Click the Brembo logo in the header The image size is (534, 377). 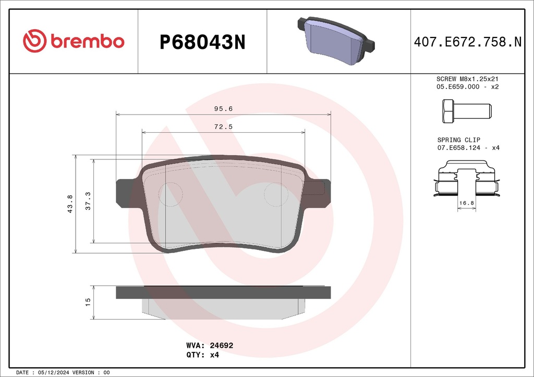coord(74,41)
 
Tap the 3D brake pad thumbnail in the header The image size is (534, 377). coord(336,40)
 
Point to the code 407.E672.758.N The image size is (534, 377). coord(468,42)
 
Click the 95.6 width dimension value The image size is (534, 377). coord(223,109)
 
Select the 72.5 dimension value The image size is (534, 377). coord(223,127)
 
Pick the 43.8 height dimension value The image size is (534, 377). coord(70,204)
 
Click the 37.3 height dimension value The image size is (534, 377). coord(88,201)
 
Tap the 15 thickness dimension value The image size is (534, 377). coord(88,302)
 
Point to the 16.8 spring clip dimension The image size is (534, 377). coord(467,203)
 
